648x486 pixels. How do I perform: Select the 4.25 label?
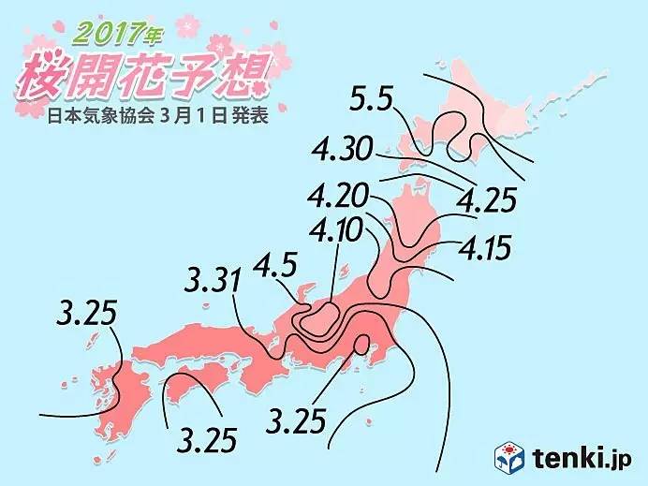click(488, 199)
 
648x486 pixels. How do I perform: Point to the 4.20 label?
click(338, 199)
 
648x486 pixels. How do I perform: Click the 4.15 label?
click(488, 249)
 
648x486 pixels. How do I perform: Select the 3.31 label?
click(214, 280)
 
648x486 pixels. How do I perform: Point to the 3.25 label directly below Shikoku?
click(206, 438)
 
